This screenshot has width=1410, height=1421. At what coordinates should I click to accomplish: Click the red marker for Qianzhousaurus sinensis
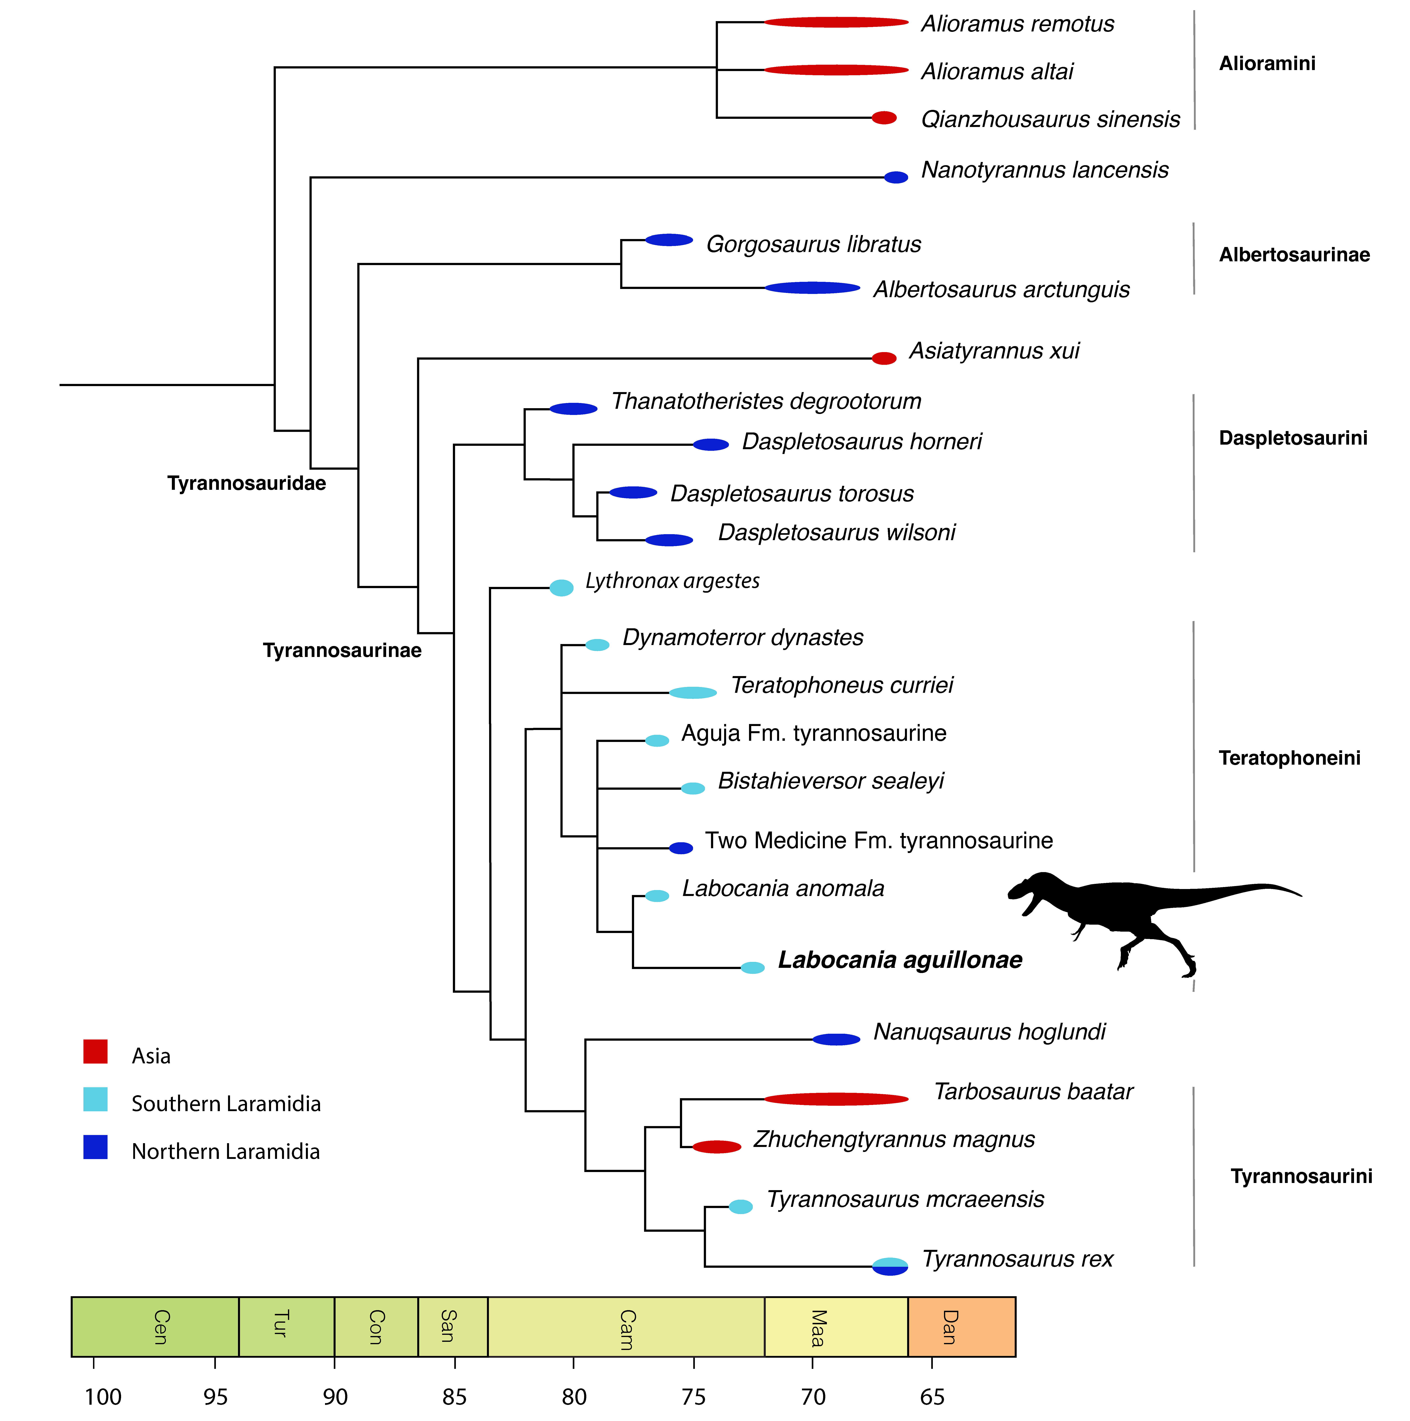[884, 118]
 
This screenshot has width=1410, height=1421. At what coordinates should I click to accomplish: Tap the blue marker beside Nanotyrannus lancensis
[896, 177]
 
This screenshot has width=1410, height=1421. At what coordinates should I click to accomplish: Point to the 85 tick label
[454, 1396]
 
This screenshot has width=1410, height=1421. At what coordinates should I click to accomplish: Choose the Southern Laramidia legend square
[96, 1100]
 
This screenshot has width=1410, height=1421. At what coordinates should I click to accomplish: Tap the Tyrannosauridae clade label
[247, 483]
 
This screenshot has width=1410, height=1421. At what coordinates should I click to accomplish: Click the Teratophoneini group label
[1289, 758]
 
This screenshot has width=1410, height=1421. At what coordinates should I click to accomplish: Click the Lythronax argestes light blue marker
[561, 588]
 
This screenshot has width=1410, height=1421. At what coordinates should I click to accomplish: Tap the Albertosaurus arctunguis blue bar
[812, 288]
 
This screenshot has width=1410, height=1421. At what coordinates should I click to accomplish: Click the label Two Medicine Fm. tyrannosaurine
[879, 841]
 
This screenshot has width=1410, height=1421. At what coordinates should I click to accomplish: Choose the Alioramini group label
[1266, 64]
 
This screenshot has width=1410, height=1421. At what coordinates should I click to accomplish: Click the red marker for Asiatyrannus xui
[884, 358]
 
